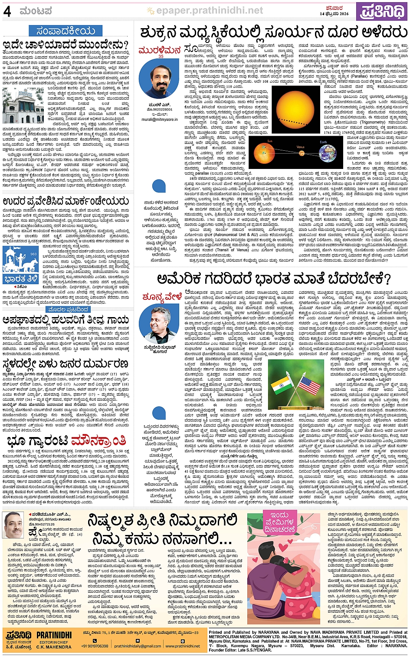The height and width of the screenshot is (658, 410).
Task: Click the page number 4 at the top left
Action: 7,11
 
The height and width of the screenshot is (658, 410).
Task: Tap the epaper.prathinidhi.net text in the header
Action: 210,10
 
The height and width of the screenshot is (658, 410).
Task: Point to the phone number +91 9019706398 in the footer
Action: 95,646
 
